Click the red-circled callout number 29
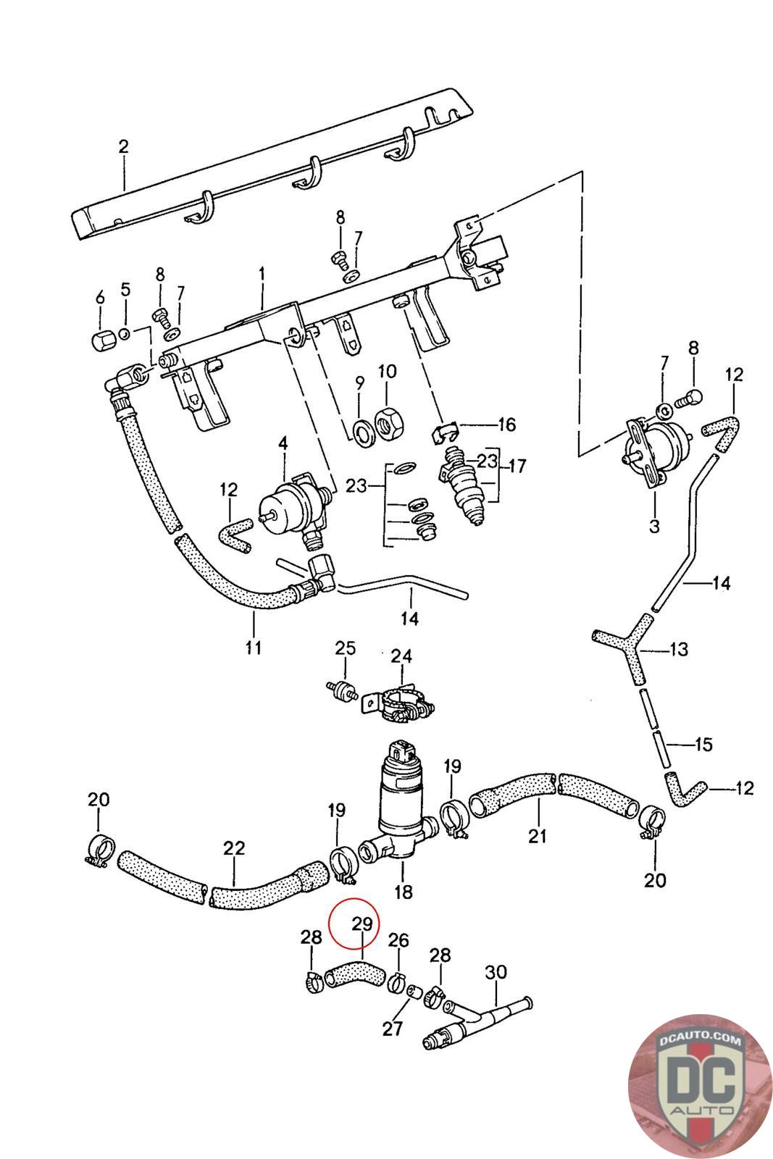362,924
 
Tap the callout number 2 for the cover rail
123,146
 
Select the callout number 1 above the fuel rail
262,274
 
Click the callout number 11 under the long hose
254,648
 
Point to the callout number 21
537,836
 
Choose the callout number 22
234,848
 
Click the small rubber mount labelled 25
342,692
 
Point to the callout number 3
654,526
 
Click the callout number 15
703,745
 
